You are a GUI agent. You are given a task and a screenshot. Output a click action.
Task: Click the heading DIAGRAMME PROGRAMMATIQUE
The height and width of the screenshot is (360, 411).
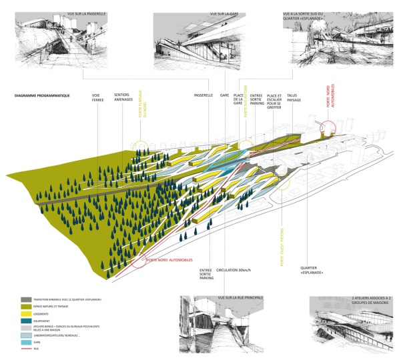(x=42, y=97)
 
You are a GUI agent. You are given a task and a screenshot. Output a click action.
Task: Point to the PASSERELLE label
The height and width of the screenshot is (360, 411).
(x=203, y=95)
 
